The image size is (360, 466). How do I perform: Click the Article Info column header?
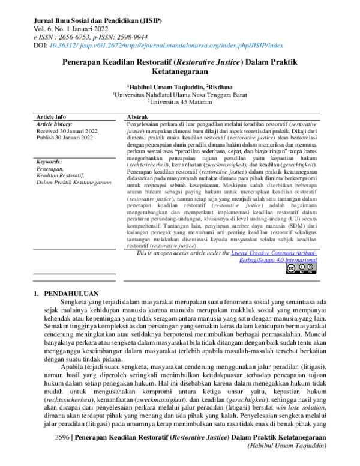(52, 116)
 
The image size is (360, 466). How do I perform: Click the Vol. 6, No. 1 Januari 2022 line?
(71, 28)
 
